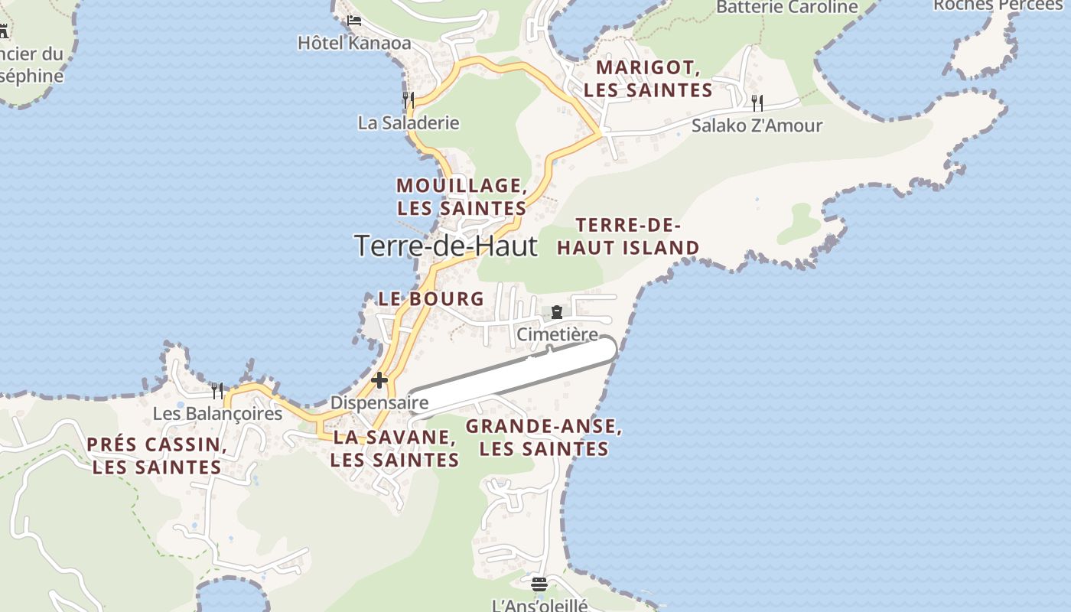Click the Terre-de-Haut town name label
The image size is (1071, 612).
[446, 246]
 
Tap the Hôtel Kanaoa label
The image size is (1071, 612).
[354, 43]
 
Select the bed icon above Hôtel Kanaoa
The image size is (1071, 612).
[354, 20]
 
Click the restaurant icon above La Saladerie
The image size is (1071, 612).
[409, 99]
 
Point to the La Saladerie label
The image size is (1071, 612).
[409, 122]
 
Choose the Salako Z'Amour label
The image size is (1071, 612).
[757, 125]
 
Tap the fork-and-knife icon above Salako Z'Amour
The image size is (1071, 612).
[757, 103]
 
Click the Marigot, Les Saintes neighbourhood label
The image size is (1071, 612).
[648, 79]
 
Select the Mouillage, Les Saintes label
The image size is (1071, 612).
[461, 197]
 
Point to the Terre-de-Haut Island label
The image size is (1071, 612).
[628, 236]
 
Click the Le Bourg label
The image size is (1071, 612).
[431, 299]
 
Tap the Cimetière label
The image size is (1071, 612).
[557, 334]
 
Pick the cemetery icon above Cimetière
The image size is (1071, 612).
[557, 312]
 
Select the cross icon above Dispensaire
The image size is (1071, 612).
[379, 380]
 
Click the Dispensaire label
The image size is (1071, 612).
[379, 402]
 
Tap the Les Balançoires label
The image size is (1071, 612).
[217, 414]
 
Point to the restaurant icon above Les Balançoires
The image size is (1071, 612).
[217, 391]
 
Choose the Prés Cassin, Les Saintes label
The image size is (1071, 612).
[157, 456]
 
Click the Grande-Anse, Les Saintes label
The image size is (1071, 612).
[544, 438]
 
